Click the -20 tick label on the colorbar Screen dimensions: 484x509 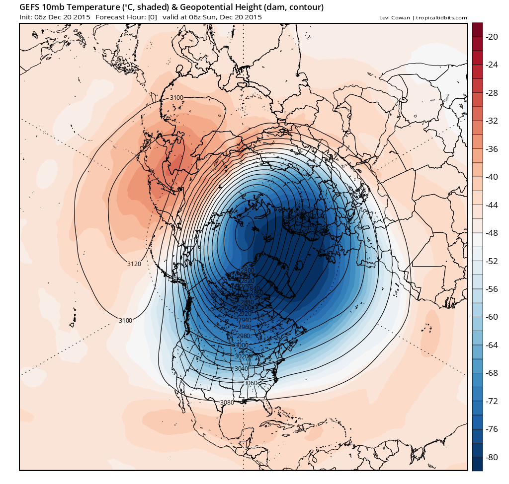pos(492,37)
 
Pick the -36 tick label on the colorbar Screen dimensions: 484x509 pos(492,149)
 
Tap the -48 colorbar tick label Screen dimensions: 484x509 pos(492,233)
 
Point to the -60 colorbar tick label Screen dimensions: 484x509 pos(492,317)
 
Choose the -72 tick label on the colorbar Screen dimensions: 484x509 pos(492,401)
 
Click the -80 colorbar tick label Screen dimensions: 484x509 pos(492,457)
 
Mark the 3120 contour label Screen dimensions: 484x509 pos(134,264)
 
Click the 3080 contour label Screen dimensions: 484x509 pos(227,402)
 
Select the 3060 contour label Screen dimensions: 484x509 pos(251,383)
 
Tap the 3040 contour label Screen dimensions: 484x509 pos(241,368)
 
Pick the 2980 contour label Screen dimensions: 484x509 pos(243,336)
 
